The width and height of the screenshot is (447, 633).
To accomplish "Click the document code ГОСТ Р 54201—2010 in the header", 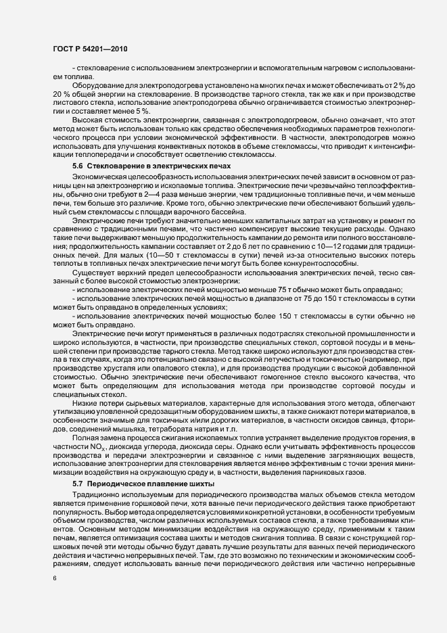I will pos(90,49).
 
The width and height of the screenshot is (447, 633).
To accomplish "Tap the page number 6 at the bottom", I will pos(54,597).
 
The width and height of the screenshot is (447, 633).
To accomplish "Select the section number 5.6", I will pos(77,166).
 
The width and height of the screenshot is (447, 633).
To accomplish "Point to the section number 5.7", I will pos(77,485).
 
